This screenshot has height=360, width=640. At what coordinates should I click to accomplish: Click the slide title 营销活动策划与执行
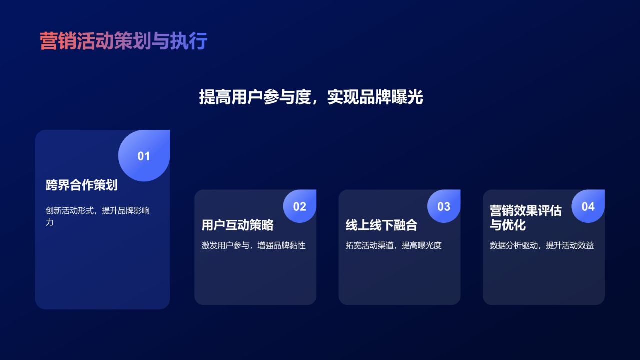click(x=123, y=41)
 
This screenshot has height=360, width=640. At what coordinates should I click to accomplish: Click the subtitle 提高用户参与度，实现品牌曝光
click(x=311, y=97)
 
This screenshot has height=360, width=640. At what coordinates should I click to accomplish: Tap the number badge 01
click(x=144, y=156)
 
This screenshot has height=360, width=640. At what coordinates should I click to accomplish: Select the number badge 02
click(x=299, y=206)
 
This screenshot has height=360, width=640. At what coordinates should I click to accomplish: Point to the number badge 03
click(x=444, y=206)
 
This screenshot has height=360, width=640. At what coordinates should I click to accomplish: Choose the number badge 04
click(x=588, y=206)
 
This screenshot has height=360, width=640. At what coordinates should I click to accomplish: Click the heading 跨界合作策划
click(x=81, y=185)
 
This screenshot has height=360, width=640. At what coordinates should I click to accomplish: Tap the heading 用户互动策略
click(x=237, y=225)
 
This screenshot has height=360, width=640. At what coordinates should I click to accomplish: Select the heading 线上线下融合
click(x=381, y=225)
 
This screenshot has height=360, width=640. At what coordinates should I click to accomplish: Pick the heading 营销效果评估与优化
click(x=525, y=218)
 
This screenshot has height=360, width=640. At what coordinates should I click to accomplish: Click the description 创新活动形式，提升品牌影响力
click(x=97, y=216)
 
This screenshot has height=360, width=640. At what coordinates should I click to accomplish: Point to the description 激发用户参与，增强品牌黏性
click(x=253, y=245)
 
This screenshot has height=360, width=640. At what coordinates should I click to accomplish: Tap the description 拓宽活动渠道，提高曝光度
click(x=393, y=245)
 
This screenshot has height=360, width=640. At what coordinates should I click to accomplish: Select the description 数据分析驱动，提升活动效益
click(x=541, y=245)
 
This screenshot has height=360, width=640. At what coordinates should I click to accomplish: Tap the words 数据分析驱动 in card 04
click(x=513, y=245)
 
